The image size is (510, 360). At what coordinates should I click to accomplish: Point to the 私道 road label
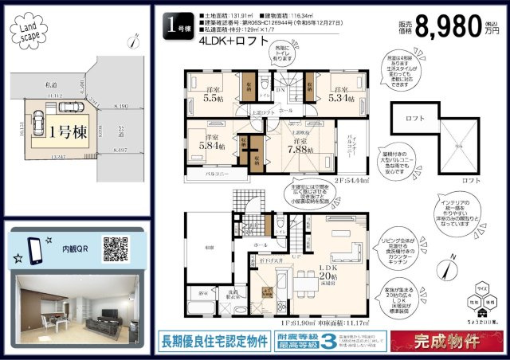coord(50,84)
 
